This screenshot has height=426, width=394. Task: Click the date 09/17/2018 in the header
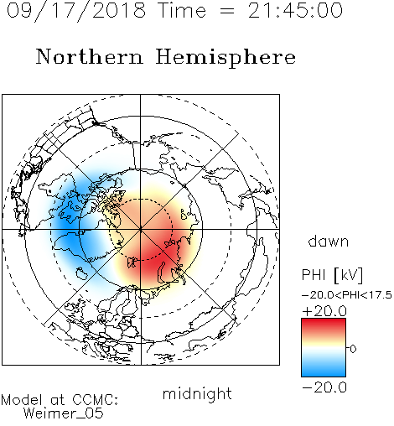pyautogui.click(x=76, y=11)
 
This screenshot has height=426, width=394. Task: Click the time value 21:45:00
pyautogui.click(x=295, y=10)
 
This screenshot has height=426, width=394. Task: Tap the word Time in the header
pyautogui.click(x=182, y=10)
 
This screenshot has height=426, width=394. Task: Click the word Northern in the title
pyautogui.click(x=90, y=56)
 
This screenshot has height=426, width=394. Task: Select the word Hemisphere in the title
pyautogui.click(x=226, y=58)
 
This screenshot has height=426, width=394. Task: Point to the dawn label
pyautogui.click(x=329, y=241)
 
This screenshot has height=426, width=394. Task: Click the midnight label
pyautogui.click(x=197, y=393)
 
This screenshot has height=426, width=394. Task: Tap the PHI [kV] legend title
pyautogui.click(x=332, y=275)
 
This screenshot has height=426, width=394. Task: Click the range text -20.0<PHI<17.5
pyautogui.click(x=347, y=295)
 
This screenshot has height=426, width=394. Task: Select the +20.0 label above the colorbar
pyautogui.click(x=324, y=311)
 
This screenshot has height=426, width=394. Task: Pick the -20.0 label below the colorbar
pyautogui.click(x=324, y=387)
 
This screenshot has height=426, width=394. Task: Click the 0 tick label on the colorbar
pyautogui.click(x=353, y=349)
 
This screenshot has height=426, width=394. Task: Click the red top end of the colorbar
pyautogui.click(x=324, y=320)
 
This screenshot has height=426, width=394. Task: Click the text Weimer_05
pyautogui.click(x=64, y=413)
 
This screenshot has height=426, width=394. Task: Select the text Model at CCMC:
pyautogui.click(x=60, y=400)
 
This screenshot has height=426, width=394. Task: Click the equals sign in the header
pyautogui.click(x=227, y=11)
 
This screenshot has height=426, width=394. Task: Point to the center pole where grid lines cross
pyautogui.click(x=141, y=229)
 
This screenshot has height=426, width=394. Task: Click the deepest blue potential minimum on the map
pyautogui.click(x=66, y=224)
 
